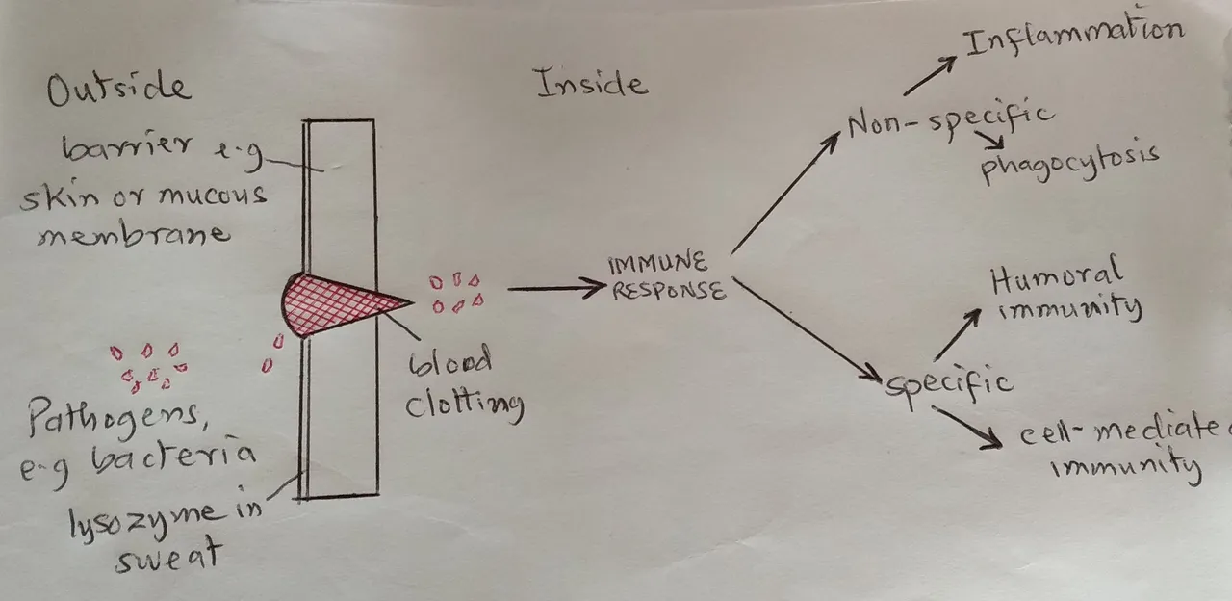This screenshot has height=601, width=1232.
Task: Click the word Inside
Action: (592, 83)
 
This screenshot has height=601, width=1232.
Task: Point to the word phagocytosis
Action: (1070, 162)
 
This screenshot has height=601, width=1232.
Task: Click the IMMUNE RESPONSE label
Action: (667, 277)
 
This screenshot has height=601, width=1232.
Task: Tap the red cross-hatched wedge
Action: (341, 303)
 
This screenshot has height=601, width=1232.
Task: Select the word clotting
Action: (464, 405)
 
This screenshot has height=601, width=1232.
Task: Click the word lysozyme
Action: (145, 519)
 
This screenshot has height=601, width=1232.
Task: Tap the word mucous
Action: (213, 196)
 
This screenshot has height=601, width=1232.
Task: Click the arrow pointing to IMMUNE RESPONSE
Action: (555, 288)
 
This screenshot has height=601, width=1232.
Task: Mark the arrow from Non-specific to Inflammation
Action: (930, 76)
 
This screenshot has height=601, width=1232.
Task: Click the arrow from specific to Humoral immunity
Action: (958, 334)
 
